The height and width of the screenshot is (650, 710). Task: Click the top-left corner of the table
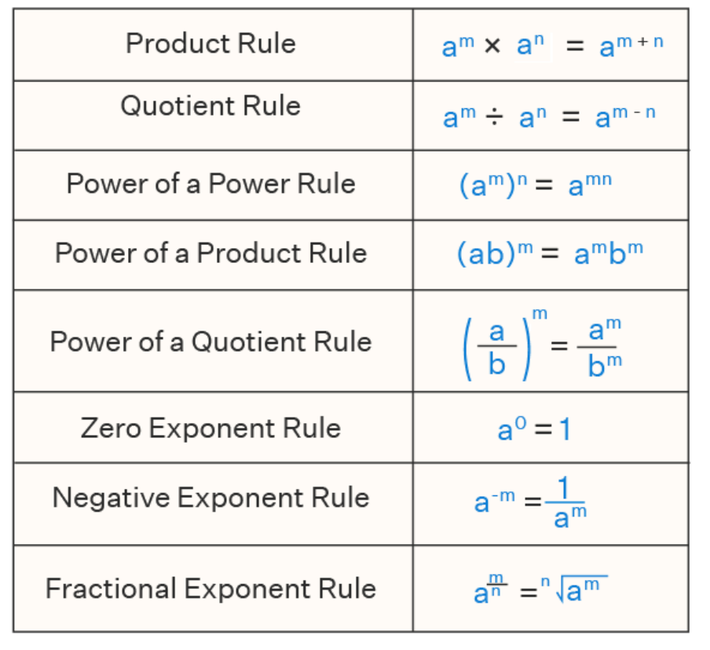(13, 9)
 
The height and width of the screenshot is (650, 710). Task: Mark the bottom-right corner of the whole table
(688, 631)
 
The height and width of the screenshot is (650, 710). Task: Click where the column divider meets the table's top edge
(413, 9)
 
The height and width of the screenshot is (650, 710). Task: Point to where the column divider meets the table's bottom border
(413, 631)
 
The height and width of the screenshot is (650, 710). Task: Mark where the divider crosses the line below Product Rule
(413, 81)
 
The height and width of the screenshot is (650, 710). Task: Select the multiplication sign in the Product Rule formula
(492, 46)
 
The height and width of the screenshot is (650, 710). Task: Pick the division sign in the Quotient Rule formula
(494, 118)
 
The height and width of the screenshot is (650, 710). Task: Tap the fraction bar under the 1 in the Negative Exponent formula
(565, 502)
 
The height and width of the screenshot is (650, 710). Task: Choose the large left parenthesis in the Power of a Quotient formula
(468, 349)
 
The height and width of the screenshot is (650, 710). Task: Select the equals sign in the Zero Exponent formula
(543, 429)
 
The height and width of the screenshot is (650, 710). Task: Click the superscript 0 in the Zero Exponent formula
(521, 423)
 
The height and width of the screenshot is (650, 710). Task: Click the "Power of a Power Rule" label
(211, 184)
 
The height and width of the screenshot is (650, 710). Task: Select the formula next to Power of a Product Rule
(550, 254)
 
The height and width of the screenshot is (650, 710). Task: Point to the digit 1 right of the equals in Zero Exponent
(565, 429)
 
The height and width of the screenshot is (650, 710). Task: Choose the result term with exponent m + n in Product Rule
(631, 46)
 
